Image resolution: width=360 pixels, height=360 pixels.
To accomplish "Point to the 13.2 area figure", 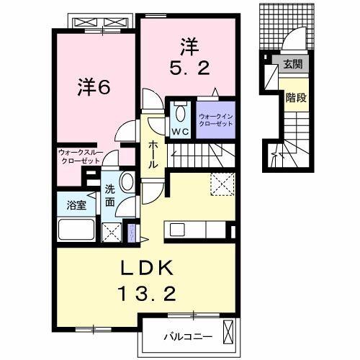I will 146,293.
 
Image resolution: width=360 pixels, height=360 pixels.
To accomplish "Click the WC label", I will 179,131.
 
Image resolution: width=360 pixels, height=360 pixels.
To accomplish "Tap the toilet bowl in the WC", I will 180,113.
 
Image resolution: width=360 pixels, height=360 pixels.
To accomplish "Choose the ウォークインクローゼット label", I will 216,120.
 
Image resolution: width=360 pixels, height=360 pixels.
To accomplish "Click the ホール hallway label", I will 153,154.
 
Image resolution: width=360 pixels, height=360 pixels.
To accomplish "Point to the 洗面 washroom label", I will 110,195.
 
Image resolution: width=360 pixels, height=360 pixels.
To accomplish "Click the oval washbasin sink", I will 127,181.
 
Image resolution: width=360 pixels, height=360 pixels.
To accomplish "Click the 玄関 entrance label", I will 292,65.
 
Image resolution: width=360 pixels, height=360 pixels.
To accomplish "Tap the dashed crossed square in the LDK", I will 222,184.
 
